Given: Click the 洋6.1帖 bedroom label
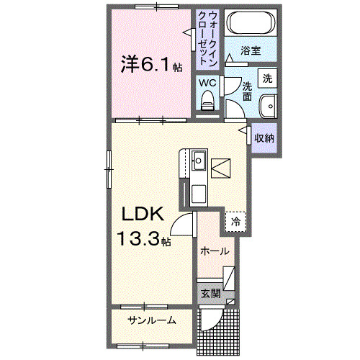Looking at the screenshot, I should pyautogui.click(x=150, y=66).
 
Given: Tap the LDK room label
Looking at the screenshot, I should pyautogui.click(x=143, y=214).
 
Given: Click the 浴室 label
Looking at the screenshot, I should pyautogui.click(x=251, y=52).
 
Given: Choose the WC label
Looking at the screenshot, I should pyautogui.click(x=207, y=83).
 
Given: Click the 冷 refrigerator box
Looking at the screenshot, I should pyautogui.click(x=235, y=222).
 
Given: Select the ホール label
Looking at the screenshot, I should pyautogui.click(x=214, y=251).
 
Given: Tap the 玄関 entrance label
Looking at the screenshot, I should pyautogui.click(x=210, y=293).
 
